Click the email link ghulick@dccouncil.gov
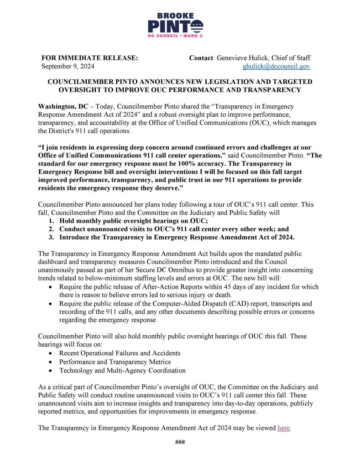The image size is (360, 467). click(x=276, y=66)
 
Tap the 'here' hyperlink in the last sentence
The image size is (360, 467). click(x=283, y=428)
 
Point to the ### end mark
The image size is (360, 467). click(x=180, y=442)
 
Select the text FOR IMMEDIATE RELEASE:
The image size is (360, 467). click(x=83, y=58)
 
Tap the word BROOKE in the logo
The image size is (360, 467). click(x=175, y=16)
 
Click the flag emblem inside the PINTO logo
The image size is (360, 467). click(x=198, y=26)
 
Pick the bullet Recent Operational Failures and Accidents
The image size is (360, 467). click(x=120, y=353)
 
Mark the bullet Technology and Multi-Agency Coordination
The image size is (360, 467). click(x=122, y=370)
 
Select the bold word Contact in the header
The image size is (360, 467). click(x=201, y=58)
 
